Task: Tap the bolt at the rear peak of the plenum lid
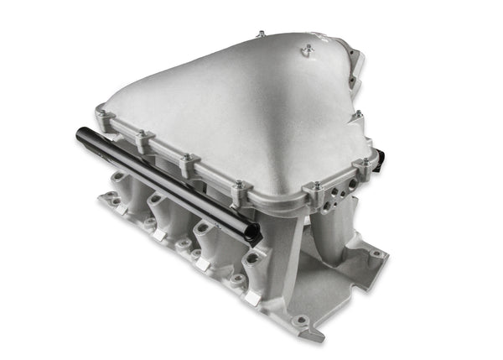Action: (262, 34)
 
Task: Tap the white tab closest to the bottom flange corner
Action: (251, 298)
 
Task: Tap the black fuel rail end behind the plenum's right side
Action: (380, 155)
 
